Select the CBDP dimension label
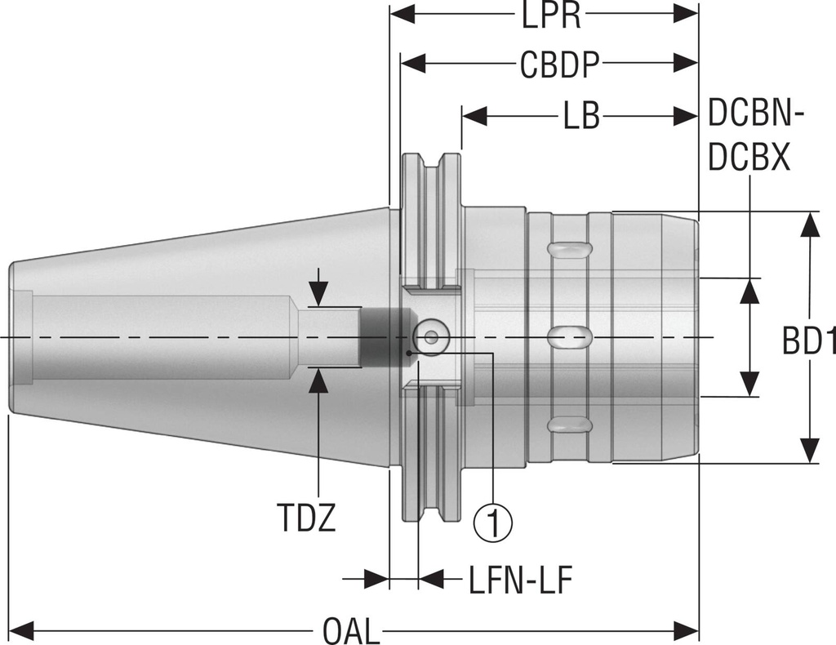(x=560, y=65)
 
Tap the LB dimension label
(x=580, y=117)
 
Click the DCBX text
(x=749, y=158)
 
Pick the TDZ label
(x=305, y=518)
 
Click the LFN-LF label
(x=520, y=580)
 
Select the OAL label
(x=351, y=630)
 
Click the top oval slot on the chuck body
(x=569, y=247)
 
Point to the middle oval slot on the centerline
(x=569, y=336)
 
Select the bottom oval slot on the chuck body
(x=569, y=425)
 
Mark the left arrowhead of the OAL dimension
(x=21, y=630)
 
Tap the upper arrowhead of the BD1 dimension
(x=809, y=225)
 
